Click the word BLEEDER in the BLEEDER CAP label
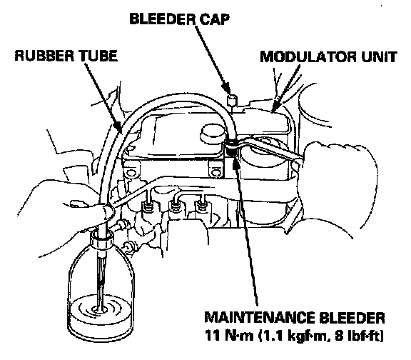tap(163, 19)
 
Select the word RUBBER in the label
tap(44, 56)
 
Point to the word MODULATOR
tap(308, 56)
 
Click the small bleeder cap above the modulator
tap(232, 100)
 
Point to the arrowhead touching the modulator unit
tap(275, 106)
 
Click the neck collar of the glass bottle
tap(102, 239)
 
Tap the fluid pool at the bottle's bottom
tap(101, 313)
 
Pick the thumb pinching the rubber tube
tap(108, 211)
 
